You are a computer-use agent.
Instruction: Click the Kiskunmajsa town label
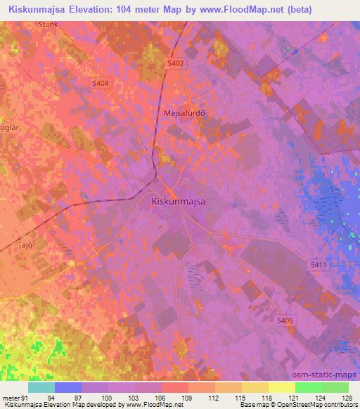click(x=179, y=201)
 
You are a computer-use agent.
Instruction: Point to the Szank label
click(x=49, y=24)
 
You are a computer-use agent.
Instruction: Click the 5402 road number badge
click(x=176, y=63)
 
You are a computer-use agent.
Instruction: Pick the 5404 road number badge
click(x=101, y=83)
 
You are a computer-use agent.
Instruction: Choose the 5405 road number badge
click(x=285, y=320)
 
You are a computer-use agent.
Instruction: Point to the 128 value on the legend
click(x=347, y=397)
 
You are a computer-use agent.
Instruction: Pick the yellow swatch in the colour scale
click(x=281, y=387)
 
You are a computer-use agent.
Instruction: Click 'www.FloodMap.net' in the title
click(x=224, y=8)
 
